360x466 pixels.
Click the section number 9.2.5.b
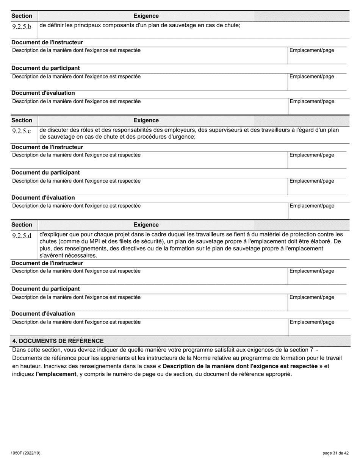point(22,27)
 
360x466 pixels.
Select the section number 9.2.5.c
point(22,131)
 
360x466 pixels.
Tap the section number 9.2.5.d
point(22,236)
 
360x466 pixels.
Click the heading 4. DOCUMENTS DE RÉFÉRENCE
point(58,341)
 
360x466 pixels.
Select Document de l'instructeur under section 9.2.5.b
point(47,42)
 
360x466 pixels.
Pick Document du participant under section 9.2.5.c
point(45,173)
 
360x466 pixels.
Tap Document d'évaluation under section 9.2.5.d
point(43,314)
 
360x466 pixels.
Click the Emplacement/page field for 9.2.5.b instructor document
point(317,55)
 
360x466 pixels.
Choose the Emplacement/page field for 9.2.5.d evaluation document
point(317,327)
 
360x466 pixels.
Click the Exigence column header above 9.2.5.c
point(146,120)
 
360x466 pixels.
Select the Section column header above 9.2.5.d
point(22,225)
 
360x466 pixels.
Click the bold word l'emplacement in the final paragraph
point(56,374)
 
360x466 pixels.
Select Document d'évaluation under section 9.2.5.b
point(43,93)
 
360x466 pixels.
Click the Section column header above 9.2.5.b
point(22,16)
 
